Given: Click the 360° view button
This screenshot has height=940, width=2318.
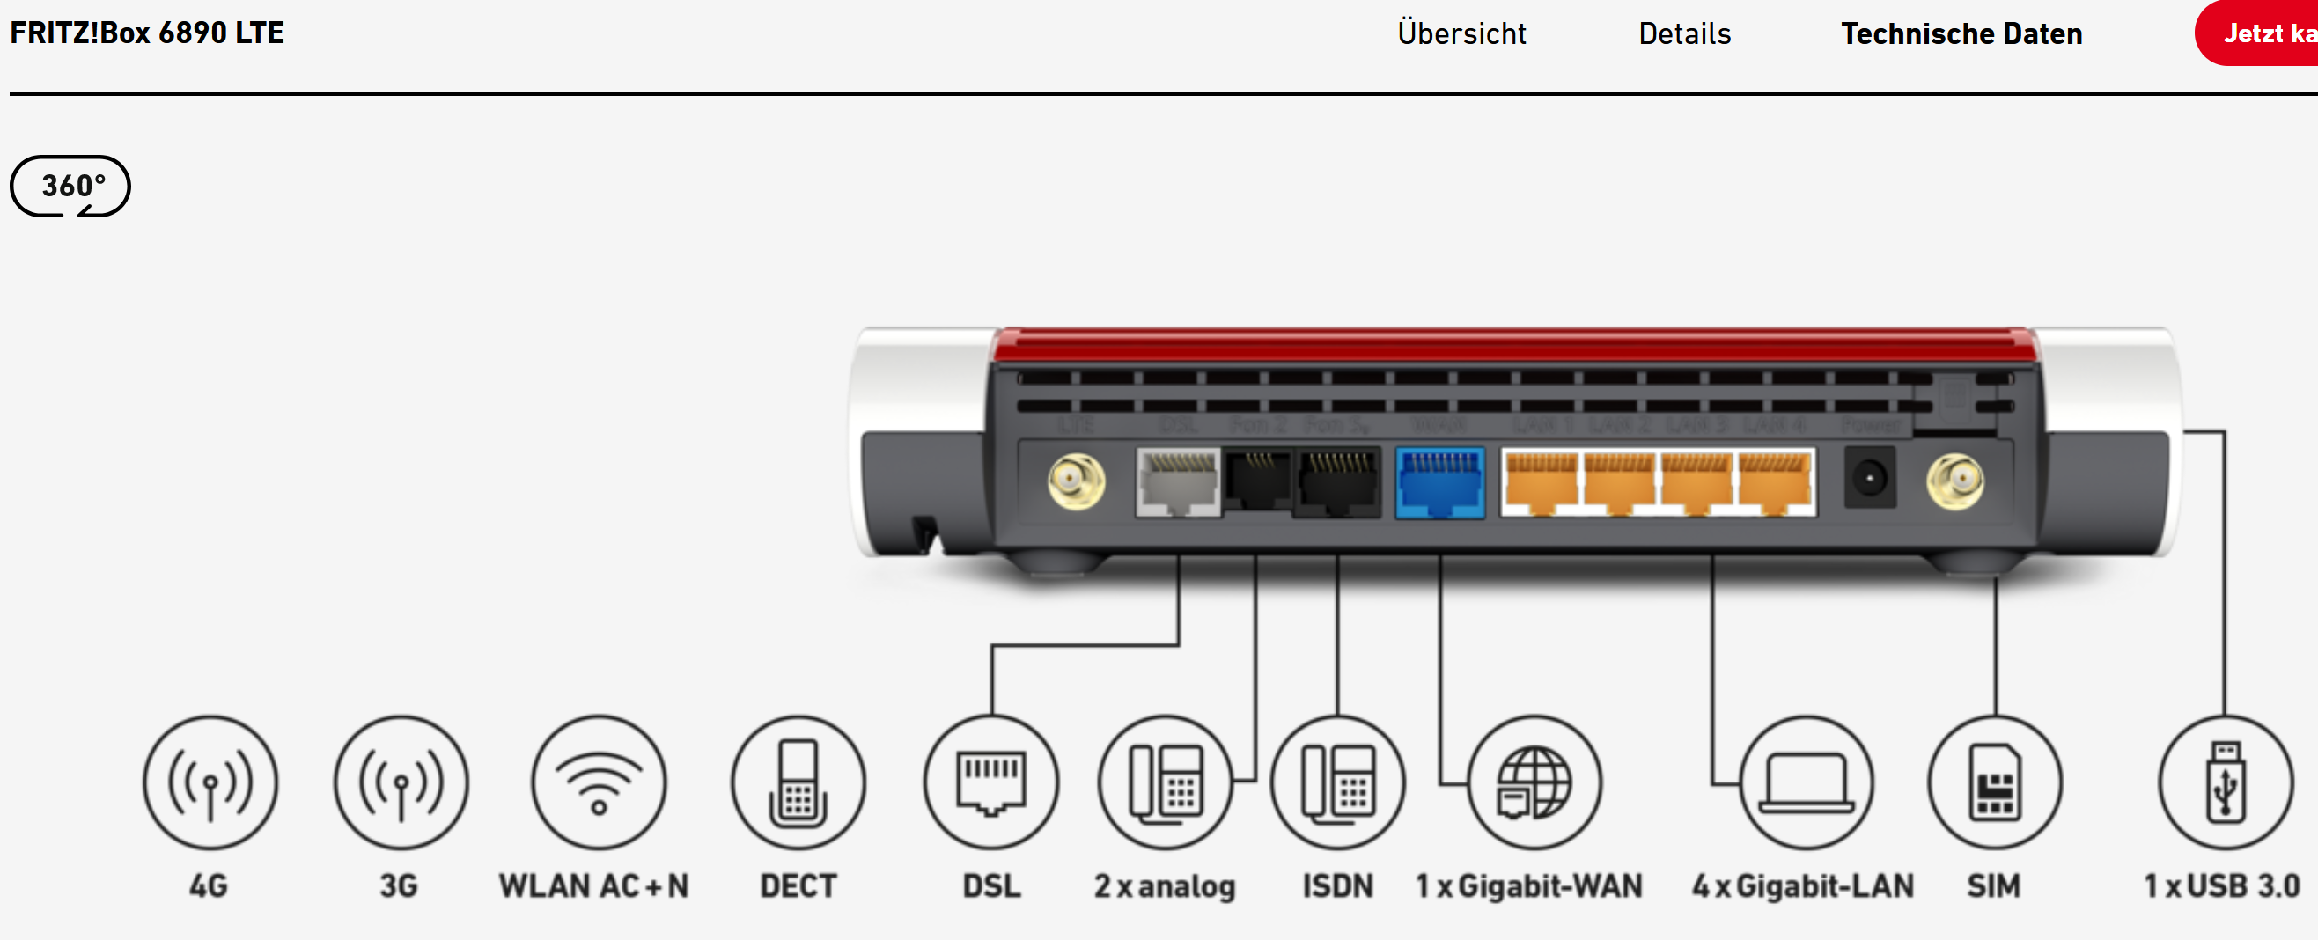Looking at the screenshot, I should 70,187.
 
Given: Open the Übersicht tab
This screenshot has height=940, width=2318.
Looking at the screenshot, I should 1461,34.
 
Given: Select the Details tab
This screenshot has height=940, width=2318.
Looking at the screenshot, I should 1684,34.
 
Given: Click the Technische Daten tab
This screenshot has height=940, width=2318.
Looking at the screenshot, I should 1961,34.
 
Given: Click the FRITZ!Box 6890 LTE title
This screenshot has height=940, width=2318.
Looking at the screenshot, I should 147,33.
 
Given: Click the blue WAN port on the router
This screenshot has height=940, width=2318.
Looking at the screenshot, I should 1439,483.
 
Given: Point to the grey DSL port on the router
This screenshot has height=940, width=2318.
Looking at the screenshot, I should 1178,483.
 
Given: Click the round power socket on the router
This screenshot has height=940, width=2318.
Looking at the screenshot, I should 1869,478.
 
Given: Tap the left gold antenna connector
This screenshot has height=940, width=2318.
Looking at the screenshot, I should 1075,482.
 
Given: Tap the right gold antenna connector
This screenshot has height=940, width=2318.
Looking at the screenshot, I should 1954,482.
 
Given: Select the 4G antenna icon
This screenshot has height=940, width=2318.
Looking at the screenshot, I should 210,782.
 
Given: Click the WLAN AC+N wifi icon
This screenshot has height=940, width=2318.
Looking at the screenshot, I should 599,782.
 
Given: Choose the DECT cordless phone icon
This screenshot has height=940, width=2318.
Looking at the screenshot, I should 798,782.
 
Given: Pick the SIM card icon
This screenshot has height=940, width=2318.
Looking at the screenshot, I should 1995,782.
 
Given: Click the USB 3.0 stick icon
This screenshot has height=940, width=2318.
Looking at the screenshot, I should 2226,782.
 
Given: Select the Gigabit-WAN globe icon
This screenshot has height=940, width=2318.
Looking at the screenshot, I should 1534,782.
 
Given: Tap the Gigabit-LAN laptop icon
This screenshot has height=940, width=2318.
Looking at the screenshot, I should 1806,782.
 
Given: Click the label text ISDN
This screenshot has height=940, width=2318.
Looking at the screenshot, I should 1338,887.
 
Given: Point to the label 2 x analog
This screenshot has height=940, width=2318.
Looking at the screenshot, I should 1165,887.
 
